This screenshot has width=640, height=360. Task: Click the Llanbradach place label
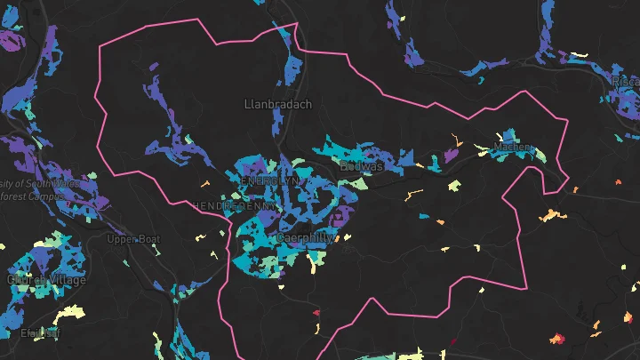tap(278, 104)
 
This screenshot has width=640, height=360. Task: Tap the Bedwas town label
tap(362, 165)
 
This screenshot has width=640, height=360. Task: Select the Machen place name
tap(512, 147)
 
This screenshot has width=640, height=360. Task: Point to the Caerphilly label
tap(304, 238)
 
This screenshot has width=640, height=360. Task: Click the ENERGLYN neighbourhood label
tap(271, 180)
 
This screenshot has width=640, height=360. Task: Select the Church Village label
tap(47, 280)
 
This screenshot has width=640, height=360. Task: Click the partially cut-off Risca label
tap(625, 82)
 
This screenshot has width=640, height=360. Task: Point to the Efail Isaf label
tap(39, 333)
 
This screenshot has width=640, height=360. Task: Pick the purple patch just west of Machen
tap(451, 155)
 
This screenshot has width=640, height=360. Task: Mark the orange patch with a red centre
tap(557, 338)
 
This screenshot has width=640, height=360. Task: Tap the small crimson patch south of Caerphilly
tap(316, 312)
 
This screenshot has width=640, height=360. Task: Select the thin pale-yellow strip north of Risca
tap(579, 57)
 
